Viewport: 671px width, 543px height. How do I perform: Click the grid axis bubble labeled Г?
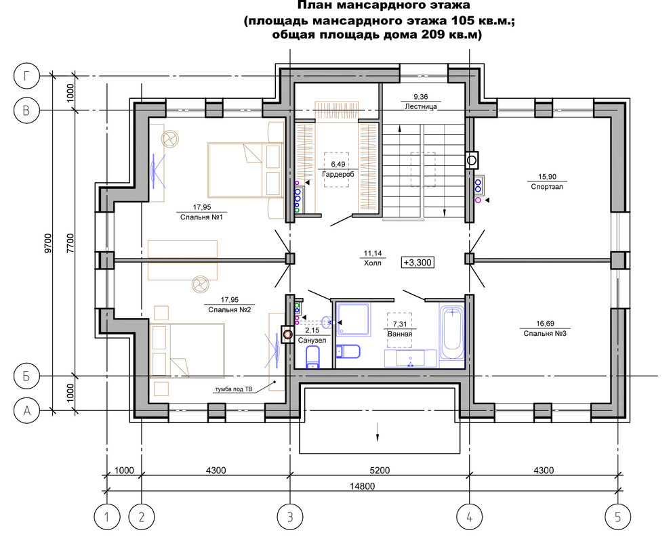[x=26, y=76]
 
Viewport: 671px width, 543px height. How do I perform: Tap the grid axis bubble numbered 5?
[x=617, y=517]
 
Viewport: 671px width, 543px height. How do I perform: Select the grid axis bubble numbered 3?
[x=290, y=517]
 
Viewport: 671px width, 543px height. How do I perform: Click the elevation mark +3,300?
[x=418, y=262]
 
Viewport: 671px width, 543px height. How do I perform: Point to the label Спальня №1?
[x=201, y=217]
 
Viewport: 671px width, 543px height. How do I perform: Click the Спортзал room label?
[x=547, y=187]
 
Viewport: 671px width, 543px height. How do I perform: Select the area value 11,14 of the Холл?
[x=373, y=253]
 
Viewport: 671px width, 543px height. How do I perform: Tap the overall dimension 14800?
[x=362, y=486]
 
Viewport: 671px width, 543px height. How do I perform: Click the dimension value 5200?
[x=380, y=471]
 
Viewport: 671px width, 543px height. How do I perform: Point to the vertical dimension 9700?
[x=47, y=243]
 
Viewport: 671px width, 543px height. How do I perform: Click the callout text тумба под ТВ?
[x=234, y=389]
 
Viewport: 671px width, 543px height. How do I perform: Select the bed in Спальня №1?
[x=245, y=170]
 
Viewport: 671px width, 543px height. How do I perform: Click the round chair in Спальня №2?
[x=199, y=284]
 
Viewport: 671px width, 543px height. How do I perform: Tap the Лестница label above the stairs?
[x=421, y=106]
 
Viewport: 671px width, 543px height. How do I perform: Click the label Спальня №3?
[x=545, y=334]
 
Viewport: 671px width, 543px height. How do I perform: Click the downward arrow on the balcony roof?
[x=378, y=431]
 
